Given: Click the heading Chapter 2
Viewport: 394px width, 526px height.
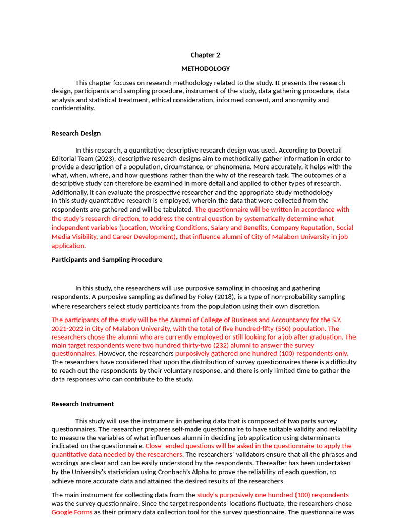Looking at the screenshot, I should (205, 55).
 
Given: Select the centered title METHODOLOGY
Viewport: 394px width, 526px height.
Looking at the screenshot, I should (205, 68).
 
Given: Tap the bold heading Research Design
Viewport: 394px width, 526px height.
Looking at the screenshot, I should (76, 133).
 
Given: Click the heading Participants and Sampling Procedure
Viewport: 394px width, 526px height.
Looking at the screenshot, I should (107, 259).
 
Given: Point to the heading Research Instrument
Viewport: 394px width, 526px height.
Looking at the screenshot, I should (83, 404).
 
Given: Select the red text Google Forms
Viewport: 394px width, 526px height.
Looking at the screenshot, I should (72, 512).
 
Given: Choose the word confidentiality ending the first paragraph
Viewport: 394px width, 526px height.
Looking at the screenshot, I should (73, 108).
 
